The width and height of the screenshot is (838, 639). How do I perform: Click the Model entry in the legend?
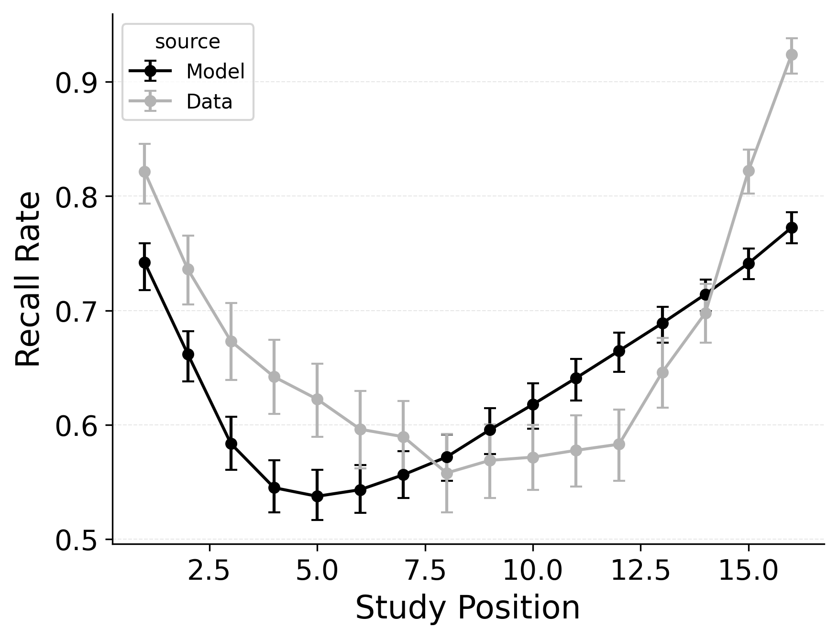tap(215, 72)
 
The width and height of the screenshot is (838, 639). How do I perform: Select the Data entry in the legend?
tap(209, 102)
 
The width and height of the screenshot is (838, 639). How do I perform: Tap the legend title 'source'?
tap(187, 42)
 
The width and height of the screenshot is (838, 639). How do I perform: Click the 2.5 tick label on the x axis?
tap(209, 571)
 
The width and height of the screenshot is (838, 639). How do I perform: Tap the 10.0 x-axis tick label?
tap(532, 571)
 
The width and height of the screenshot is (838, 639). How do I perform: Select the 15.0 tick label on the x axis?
tap(748, 571)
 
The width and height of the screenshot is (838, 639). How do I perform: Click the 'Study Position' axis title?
tap(467, 608)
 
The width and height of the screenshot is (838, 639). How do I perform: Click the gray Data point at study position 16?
tap(792, 54)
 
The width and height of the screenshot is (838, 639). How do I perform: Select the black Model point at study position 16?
tap(792, 227)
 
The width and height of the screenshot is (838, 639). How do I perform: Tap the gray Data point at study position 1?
tap(144, 172)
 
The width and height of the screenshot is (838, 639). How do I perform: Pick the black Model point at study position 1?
tap(144, 262)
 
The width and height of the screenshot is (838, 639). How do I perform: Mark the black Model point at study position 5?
tap(317, 496)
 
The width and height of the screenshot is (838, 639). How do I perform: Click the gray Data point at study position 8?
tap(447, 474)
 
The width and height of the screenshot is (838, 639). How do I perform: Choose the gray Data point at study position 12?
tap(619, 444)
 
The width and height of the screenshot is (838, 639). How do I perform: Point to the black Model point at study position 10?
tap(533, 404)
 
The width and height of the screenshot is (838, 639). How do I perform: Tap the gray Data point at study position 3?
tap(231, 341)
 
